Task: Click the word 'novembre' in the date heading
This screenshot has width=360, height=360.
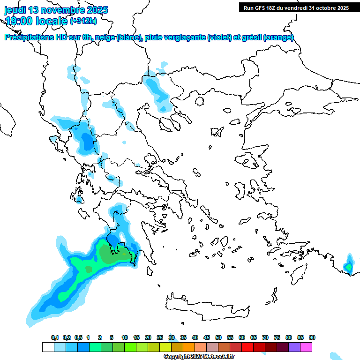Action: [x=66, y=10]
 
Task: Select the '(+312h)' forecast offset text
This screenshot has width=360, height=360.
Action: [x=83, y=21]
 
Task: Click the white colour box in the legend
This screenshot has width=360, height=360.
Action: [x=48, y=347]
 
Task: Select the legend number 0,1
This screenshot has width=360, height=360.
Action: [x=54, y=338]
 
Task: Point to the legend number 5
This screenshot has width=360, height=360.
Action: [x=112, y=338]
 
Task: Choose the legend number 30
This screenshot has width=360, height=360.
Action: [x=172, y=338]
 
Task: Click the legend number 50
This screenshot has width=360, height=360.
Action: [x=218, y=338]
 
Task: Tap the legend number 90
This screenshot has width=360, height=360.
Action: [x=312, y=338]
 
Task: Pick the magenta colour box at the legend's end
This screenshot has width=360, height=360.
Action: [x=306, y=347]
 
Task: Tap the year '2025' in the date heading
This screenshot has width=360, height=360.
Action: [x=97, y=10]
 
